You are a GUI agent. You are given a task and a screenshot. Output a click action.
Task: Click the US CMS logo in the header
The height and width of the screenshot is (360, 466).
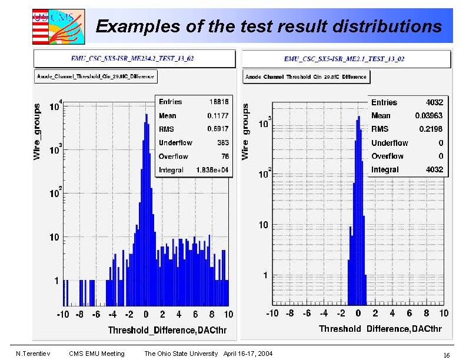point(58,26)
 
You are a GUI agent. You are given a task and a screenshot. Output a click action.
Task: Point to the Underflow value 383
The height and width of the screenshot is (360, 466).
point(222,142)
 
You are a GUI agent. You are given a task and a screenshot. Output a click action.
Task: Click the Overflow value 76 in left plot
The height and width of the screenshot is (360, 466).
point(225,156)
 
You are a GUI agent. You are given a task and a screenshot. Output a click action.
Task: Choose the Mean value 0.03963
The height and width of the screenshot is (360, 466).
point(428,116)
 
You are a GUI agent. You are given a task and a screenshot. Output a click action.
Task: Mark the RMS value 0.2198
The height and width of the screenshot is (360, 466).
point(431,129)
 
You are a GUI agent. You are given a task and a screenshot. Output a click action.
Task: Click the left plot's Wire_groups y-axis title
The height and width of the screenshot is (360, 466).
point(38,132)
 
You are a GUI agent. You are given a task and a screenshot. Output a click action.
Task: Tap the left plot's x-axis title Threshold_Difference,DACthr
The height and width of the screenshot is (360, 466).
point(168,330)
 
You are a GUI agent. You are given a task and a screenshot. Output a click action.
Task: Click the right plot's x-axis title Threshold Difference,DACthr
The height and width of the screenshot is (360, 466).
point(380,329)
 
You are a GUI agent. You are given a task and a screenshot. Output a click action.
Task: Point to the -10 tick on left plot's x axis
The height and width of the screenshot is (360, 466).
point(62,314)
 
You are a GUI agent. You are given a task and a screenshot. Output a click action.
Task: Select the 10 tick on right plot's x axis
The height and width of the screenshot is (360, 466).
point(444,313)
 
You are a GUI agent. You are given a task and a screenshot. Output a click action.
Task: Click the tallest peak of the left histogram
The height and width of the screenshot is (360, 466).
point(147,115)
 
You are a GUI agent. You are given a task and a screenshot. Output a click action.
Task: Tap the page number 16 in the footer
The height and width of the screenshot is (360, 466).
point(447,355)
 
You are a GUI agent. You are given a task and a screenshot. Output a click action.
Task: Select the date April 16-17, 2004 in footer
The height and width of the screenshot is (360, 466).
point(248,354)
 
